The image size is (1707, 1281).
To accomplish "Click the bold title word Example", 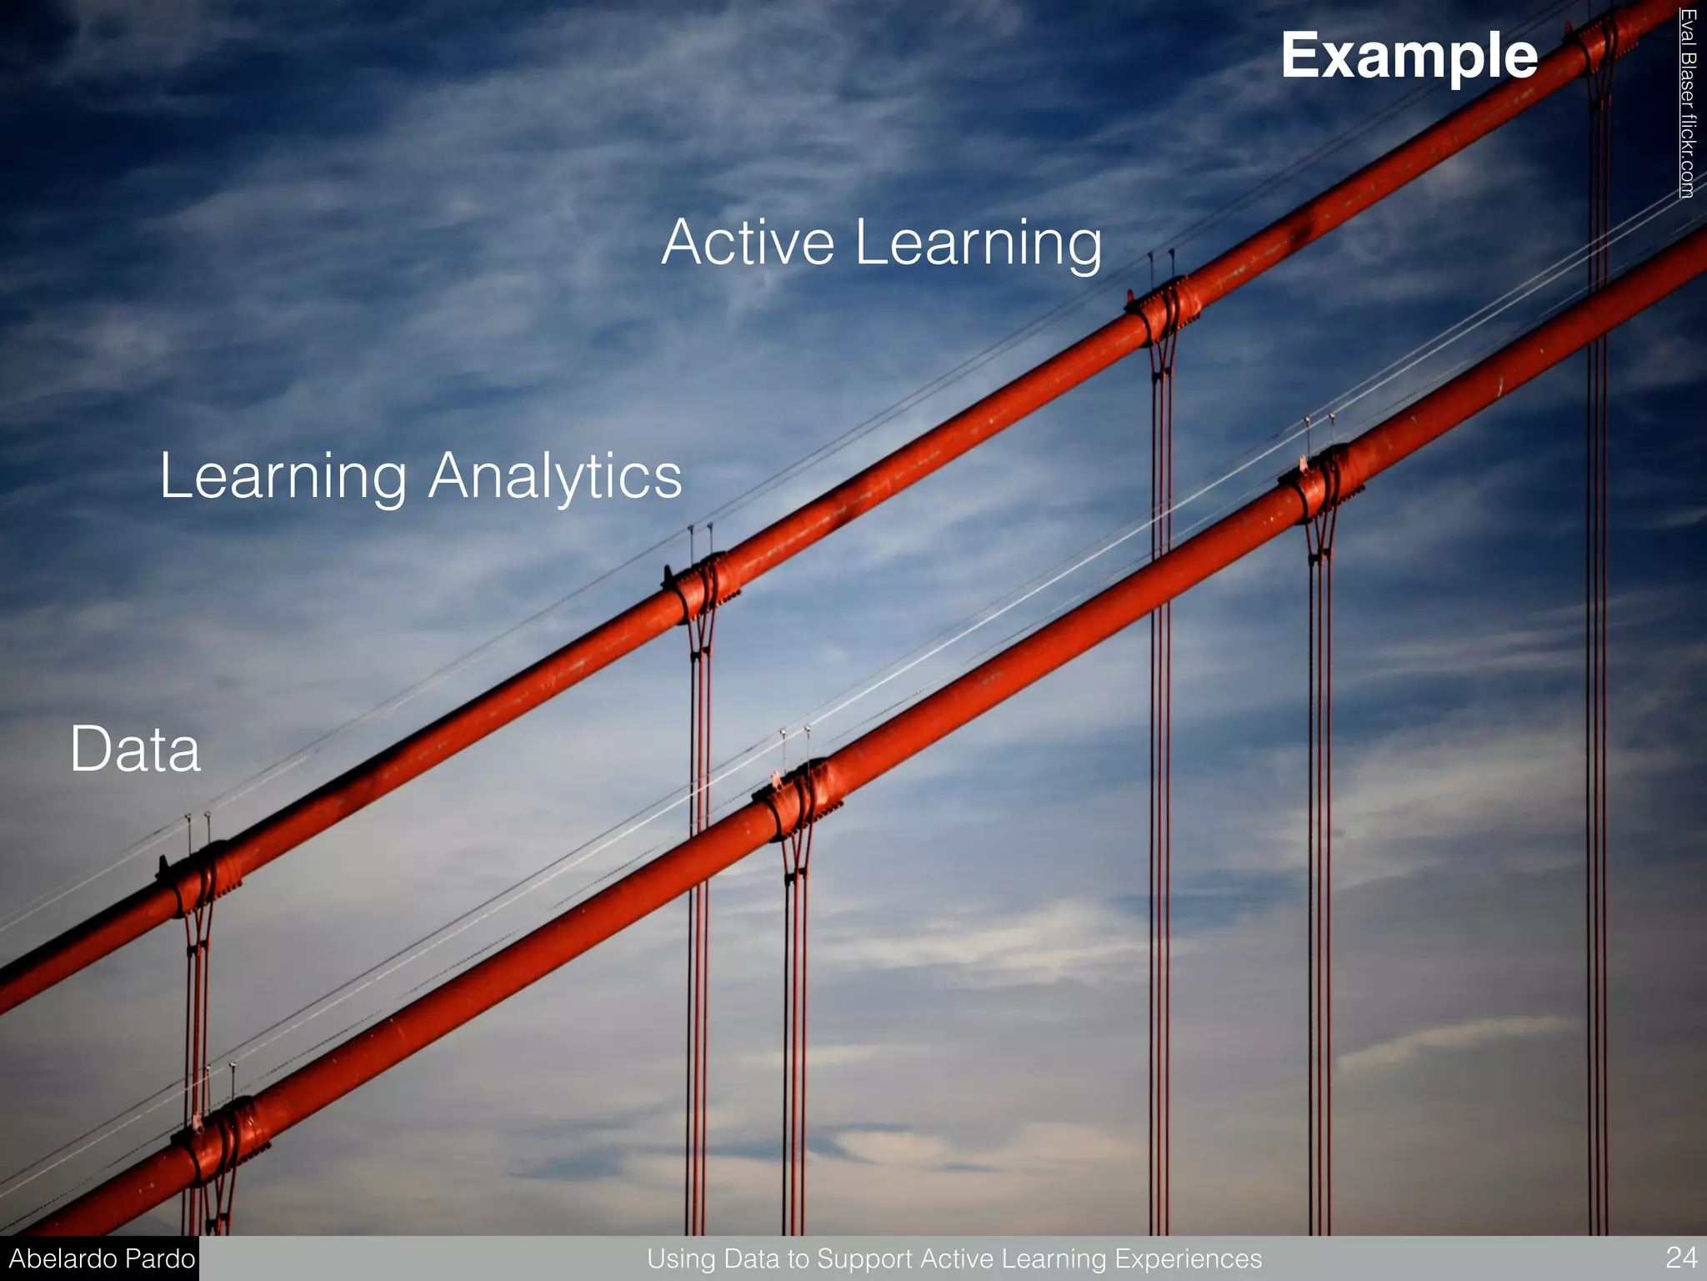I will [x=1409, y=56].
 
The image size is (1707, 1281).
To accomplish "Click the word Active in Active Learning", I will [x=748, y=243].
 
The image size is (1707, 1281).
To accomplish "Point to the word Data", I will [x=135, y=749].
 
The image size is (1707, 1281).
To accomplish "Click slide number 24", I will [x=1680, y=1257].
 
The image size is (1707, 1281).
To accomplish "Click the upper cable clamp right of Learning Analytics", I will [x=702, y=585].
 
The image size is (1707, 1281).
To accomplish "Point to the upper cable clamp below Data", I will [x=200, y=877].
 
